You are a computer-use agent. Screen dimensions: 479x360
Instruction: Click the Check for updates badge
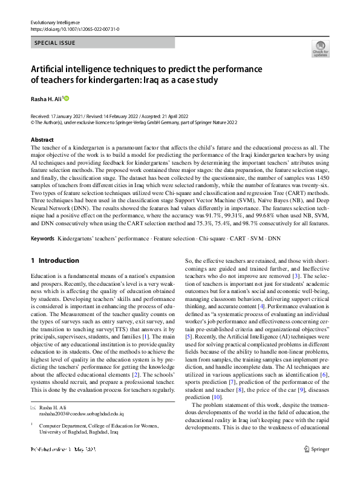click(x=319, y=49)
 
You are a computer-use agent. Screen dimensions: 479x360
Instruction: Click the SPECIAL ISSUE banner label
click(x=56, y=43)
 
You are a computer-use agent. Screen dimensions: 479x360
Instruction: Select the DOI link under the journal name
click(x=74, y=29)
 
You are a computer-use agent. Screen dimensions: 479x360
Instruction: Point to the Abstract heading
click(x=42, y=139)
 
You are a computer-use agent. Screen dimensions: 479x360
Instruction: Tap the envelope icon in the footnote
click(x=33, y=408)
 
